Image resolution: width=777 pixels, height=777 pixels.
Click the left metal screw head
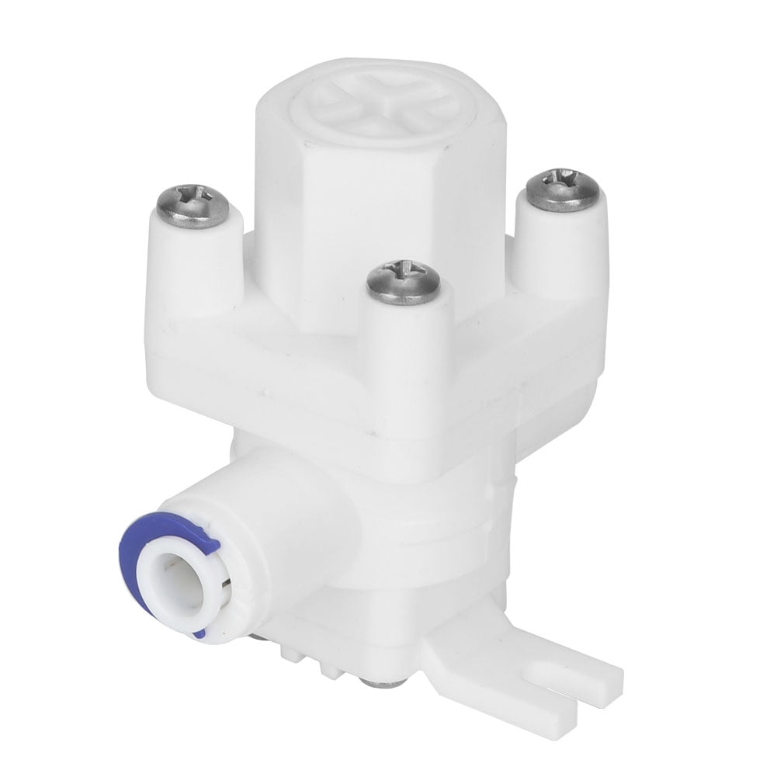tap(192, 205)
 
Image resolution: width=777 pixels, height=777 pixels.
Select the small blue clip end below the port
tap(199, 634)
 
